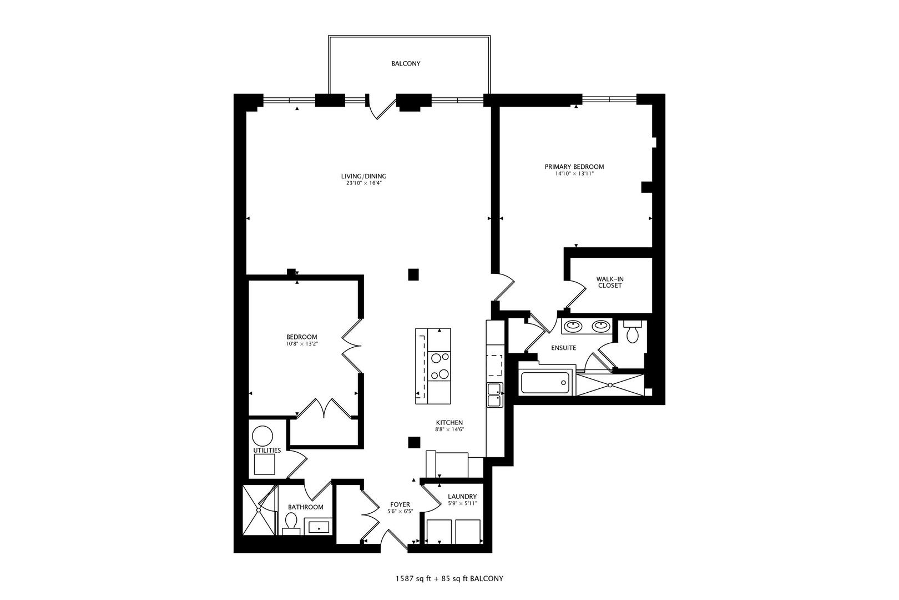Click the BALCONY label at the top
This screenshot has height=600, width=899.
[x=406, y=63]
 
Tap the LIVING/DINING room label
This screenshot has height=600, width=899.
[x=363, y=177]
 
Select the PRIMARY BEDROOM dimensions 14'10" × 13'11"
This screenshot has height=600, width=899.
[x=574, y=173]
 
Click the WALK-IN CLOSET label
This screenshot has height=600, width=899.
[x=609, y=282]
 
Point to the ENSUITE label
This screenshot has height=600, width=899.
[x=563, y=348]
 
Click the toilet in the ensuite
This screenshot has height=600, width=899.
[x=632, y=332]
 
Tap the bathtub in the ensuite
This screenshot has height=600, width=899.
[x=546, y=383]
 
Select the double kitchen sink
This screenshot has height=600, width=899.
[x=494, y=394]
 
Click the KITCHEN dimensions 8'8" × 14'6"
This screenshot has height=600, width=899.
[x=449, y=429]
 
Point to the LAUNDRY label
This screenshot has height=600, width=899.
[x=462, y=497]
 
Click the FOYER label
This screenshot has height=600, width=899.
[x=400, y=504]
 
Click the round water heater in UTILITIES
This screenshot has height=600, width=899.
[x=262, y=435]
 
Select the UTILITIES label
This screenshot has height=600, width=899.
[x=267, y=450]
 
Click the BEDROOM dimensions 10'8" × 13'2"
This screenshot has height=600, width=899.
[x=301, y=344]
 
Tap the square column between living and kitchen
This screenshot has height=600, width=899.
[x=413, y=274]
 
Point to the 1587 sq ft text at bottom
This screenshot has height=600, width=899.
[x=410, y=578]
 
